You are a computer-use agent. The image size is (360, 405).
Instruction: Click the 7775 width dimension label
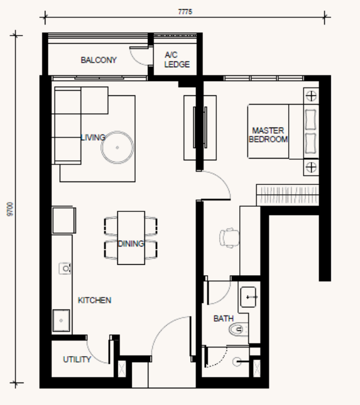(185, 12)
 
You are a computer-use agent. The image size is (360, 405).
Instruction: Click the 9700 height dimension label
(10, 209)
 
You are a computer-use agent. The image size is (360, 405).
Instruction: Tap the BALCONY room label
(99, 60)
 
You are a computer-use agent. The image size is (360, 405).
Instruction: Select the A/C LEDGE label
(177, 60)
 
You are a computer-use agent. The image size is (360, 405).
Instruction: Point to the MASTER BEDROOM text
(268, 134)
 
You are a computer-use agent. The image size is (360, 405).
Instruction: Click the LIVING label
(93, 137)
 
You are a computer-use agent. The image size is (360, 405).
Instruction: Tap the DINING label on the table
(131, 244)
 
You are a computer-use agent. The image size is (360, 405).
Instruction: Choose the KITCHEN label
(94, 300)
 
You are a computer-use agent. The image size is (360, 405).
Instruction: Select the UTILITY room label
(77, 359)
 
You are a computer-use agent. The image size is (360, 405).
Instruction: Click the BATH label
(224, 318)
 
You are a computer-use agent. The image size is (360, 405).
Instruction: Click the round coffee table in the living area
(117, 148)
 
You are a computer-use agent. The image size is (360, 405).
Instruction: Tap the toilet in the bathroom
(239, 329)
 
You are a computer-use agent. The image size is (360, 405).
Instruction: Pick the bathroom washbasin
(248, 297)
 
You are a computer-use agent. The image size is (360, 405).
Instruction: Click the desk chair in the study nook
(229, 238)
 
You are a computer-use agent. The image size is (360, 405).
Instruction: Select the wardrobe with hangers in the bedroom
(288, 195)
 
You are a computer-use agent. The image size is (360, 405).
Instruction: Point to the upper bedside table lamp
(311, 96)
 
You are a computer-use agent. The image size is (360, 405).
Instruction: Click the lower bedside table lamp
(311, 167)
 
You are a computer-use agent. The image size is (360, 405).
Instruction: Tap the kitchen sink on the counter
(62, 321)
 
